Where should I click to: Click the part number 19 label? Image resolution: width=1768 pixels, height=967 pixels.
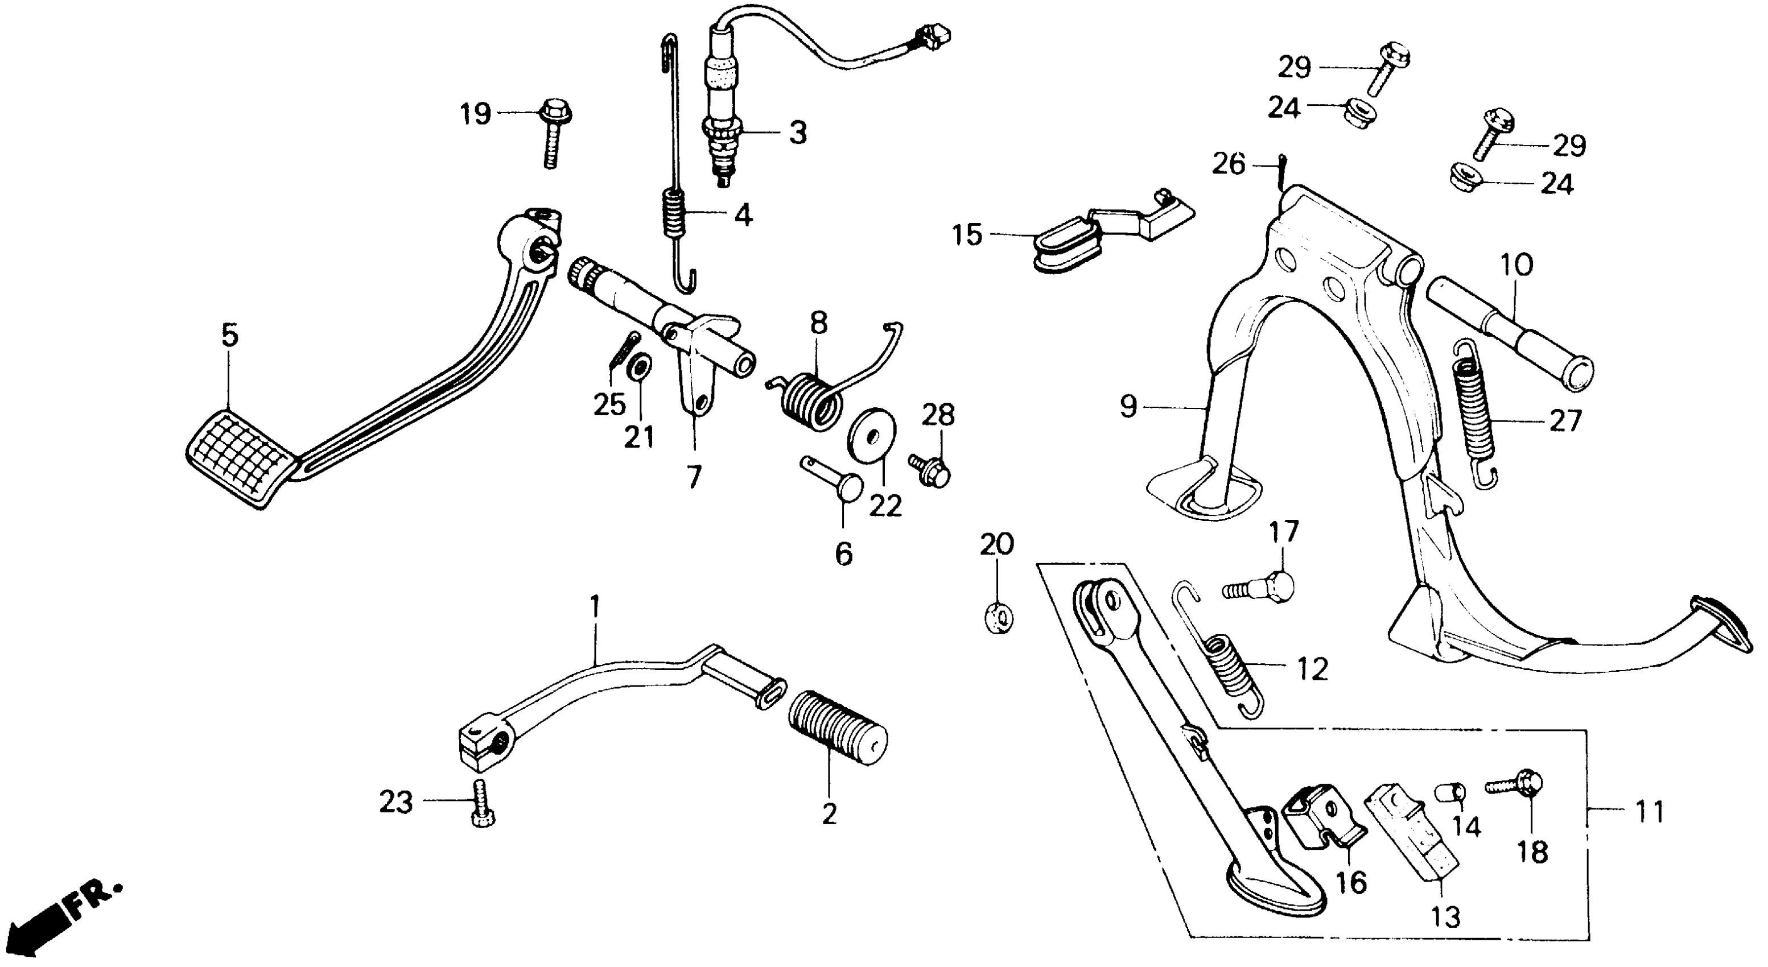(x=475, y=114)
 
